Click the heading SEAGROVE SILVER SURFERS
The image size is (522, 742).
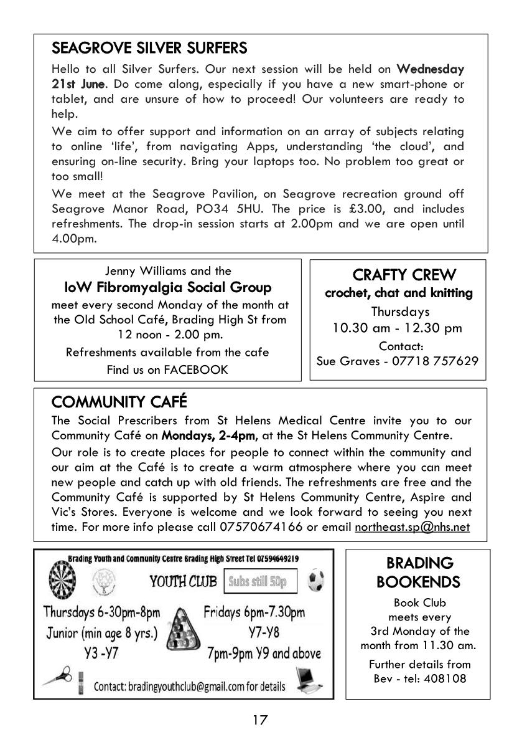(x=149, y=48)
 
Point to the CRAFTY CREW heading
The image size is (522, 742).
(x=404, y=275)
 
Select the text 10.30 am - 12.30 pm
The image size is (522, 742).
(x=398, y=328)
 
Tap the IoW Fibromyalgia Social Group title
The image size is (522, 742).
(x=168, y=287)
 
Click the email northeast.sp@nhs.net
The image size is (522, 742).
(x=412, y=527)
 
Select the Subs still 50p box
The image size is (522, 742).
(x=261, y=582)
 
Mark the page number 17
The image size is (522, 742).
(x=260, y=720)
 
